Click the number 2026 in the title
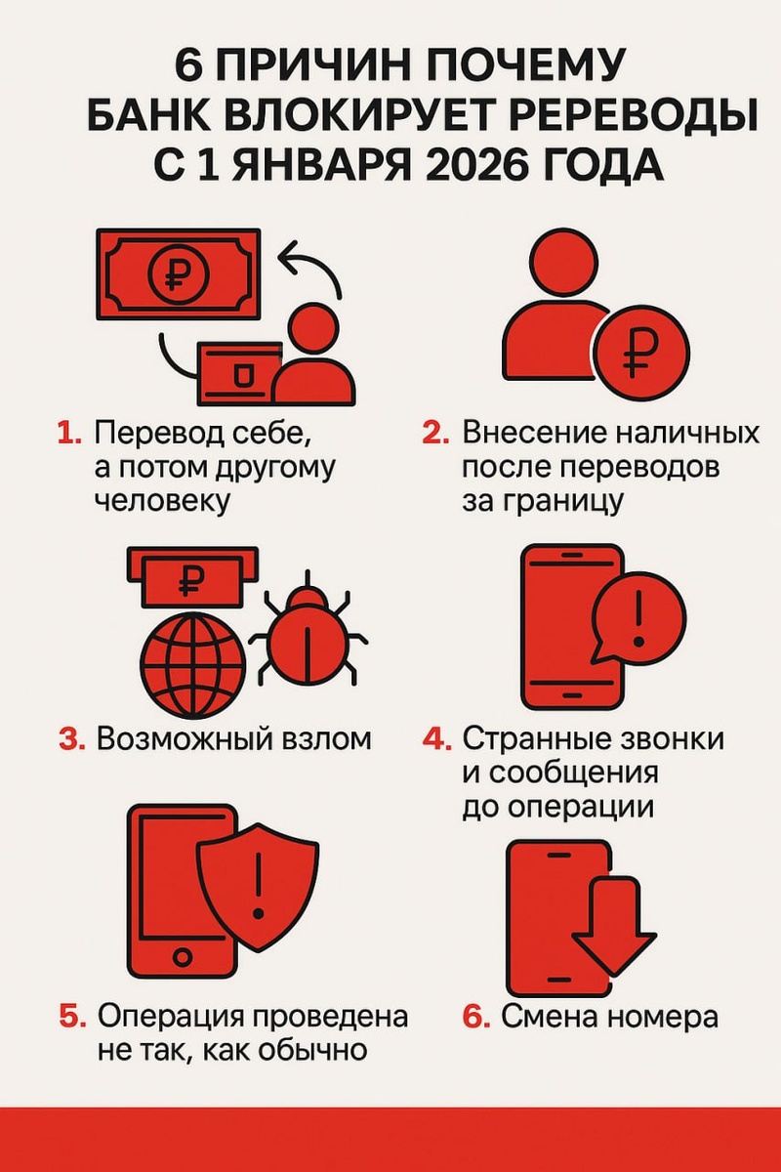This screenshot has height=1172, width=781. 476,165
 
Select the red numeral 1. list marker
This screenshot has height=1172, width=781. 69,435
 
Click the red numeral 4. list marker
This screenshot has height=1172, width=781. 436,740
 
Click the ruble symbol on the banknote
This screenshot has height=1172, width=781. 179,273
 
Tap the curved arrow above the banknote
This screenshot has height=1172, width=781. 310,268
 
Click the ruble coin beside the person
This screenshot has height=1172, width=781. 641,354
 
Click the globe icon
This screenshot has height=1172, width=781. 193,665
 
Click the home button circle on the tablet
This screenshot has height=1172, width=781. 182,958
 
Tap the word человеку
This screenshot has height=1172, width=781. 163,501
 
